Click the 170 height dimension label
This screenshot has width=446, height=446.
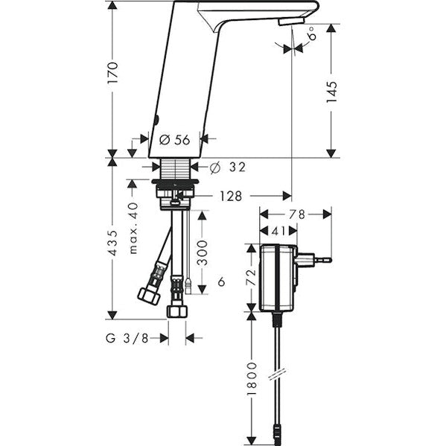click(x=112, y=72)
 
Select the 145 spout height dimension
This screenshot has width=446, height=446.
click(x=331, y=92)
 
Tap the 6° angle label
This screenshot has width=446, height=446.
click(x=312, y=34)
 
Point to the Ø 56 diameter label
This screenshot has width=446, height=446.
click(x=174, y=140)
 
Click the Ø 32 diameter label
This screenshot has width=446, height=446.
click(x=228, y=168)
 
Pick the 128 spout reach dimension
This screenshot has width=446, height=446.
click(x=231, y=196)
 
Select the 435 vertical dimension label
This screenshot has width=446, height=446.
click(x=113, y=243)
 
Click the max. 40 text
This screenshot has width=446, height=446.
click(x=133, y=228)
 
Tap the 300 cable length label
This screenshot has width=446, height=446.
click(x=203, y=253)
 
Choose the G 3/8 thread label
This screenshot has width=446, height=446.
click(x=127, y=338)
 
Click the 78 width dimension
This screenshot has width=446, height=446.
click(x=296, y=214)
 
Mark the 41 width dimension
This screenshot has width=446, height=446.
click(x=278, y=232)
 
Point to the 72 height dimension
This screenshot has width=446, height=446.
click(x=251, y=277)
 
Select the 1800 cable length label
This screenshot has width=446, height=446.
click(x=252, y=378)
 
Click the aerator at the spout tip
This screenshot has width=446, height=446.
click(x=292, y=22)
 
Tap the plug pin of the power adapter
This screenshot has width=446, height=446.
click(x=323, y=259)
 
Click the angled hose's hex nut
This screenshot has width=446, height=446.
click(x=149, y=296)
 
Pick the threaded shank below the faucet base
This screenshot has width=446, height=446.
click(x=175, y=169)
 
